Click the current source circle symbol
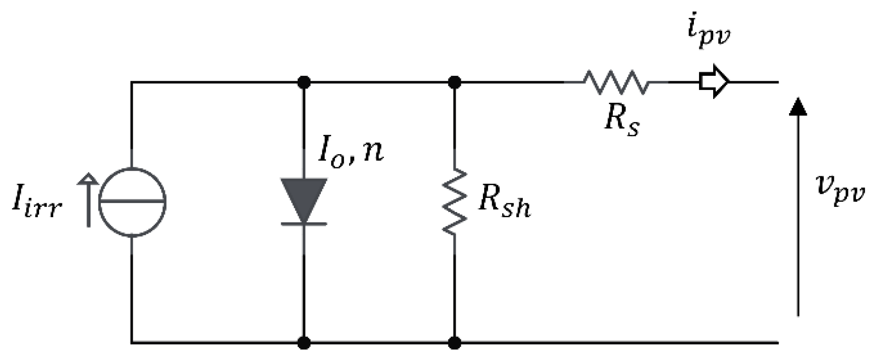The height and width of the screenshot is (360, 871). (132, 202)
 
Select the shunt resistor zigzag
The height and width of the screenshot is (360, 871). (455, 202)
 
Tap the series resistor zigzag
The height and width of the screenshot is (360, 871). (615, 82)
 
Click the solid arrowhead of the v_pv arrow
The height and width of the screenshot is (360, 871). (798, 106)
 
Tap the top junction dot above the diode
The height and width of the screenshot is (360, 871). (304, 82)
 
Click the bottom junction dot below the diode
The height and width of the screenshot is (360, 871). (304, 343)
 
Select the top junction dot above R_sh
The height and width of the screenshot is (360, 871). (455, 82)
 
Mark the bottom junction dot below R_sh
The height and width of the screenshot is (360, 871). (455, 343)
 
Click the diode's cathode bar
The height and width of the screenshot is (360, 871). (304, 223)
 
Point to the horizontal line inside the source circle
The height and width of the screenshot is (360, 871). (132, 202)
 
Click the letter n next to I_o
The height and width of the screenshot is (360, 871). (373, 152)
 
